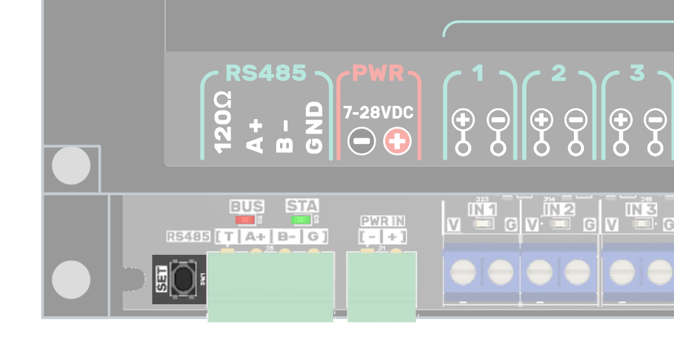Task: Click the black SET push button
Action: pyautogui.click(x=184, y=280)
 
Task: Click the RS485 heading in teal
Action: pyautogui.click(x=265, y=74)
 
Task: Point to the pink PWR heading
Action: pyautogui.click(x=378, y=74)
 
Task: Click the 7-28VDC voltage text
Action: pyautogui.click(x=378, y=113)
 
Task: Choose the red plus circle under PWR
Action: pyautogui.click(x=397, y=141)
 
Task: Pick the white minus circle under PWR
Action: pyautogui.click(x=362, y=141)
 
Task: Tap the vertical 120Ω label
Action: pyautogui.click(x=223, y=123)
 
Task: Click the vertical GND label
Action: pyautogui.click(x=315, y=128)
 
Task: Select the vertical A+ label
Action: pyautogui.click(x=255, y=136)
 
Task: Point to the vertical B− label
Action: pyautogui.click(x=285, y=136)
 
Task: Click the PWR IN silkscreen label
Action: pyautogui.click(x=383, y=221)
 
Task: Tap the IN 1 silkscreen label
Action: pyautogui.click(x=482, y=209)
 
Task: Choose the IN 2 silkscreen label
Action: pyautogui.click(x=559, y=209)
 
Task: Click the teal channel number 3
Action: pyautogui.click(x=637, y=74)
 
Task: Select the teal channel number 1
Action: pyautogui.click(x=478, y=74)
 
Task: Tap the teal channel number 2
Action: pyautogui.click(x=558, y=74)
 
